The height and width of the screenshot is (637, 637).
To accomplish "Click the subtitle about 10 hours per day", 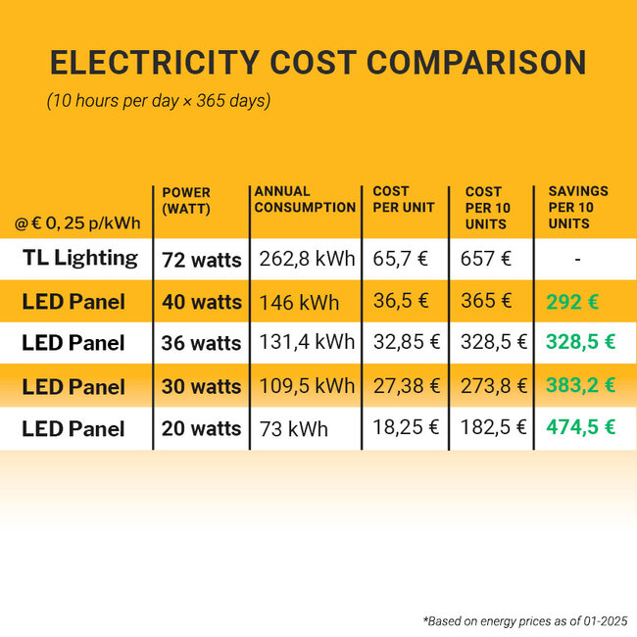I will tap(159, 102).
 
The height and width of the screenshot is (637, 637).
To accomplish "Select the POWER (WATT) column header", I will tap(186, 201).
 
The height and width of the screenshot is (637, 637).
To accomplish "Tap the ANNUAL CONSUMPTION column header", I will tap(304, 199).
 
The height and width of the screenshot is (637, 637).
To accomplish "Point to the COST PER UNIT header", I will tap(391, 199).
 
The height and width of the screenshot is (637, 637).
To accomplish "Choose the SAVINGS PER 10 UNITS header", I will tap(578, 207).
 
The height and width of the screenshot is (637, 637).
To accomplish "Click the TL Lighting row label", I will tap(80, 259).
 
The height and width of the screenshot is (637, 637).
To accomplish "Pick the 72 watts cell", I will tap(202, 260).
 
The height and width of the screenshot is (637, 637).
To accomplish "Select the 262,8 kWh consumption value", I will tap(306, 260).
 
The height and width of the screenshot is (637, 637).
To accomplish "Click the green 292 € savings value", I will tap(572, 302).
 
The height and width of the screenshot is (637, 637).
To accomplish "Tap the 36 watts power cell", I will tap(202, 343).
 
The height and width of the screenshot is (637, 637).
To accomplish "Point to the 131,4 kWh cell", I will tap(306, 343).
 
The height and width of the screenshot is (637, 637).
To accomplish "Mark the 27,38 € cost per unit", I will tap(407, 386).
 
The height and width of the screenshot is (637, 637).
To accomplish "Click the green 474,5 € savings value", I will tap(580, 428).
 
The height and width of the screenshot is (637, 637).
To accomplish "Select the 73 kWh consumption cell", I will tap(294, 429).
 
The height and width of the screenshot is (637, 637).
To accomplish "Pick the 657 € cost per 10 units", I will tap(486, 260).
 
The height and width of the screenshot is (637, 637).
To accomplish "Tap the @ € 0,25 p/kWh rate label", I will tap(77, 223).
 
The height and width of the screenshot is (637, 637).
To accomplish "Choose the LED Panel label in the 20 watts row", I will tap(73, 429).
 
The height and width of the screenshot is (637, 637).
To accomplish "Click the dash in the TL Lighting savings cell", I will tap(578, 260).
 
